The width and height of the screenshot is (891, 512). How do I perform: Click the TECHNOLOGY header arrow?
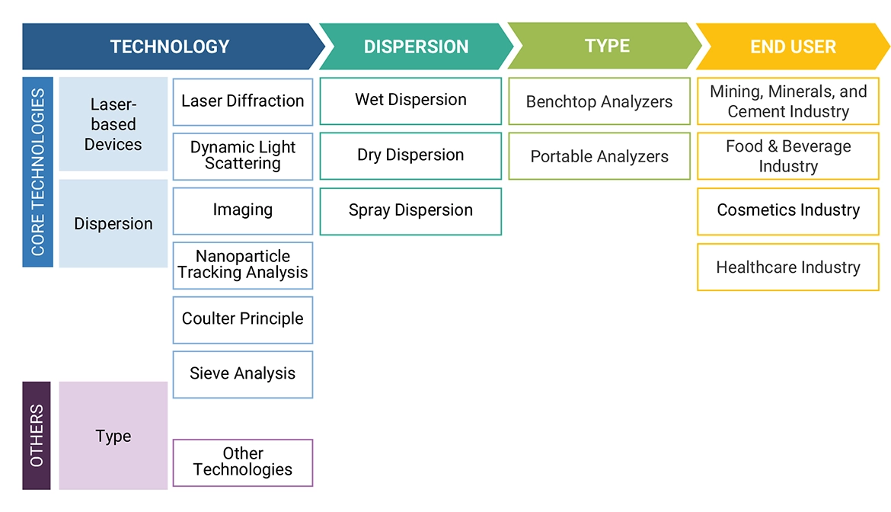pyautogui.click(x=169, y=46)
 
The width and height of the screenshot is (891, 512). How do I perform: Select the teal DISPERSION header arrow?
pyautogui.click(x=415, y=46)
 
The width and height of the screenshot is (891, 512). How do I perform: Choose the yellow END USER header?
pyautogui.click(x=792, y=46)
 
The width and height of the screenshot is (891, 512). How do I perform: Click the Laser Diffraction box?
pyautogui.click(x=242, y=101)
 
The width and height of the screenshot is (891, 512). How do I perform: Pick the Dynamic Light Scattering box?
pyautogui.click(x=242, y=155)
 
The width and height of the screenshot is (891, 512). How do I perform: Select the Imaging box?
pyautogui.click(x=242, y=210)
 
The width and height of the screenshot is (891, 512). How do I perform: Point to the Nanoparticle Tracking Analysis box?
pyautogui.click(x=242, y=265)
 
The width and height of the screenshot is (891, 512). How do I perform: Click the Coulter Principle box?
pyautogui.click(x=242, y=319)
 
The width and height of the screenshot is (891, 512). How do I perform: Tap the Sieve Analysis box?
pyautogui.click(x=242, y=374)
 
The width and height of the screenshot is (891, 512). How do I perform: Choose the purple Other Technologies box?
pyautogui.click(x=242, y=462)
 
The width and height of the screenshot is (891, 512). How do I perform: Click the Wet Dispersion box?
pyautogui.click(x=410, y=101)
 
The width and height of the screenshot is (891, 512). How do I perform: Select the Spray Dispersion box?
pyautogui.click(x=410, y=211)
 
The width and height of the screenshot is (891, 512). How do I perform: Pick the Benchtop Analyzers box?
pyautogui.click(x=599, y=101)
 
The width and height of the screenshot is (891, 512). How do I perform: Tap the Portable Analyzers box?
pyautogui.click(x=599, y=156)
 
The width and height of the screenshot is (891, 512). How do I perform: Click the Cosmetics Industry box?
pyautogui.click(x=788, y=211)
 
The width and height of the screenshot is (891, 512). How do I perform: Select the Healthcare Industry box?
pyautogui.click(x=788, y=267)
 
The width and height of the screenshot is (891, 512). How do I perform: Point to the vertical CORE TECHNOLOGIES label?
pyautogui.click(x=38, y=171)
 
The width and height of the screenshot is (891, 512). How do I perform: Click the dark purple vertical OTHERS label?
pyautogui.click(x=37, y=435)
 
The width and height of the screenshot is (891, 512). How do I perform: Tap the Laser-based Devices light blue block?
pyautogui.click(x=113, y=124)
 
